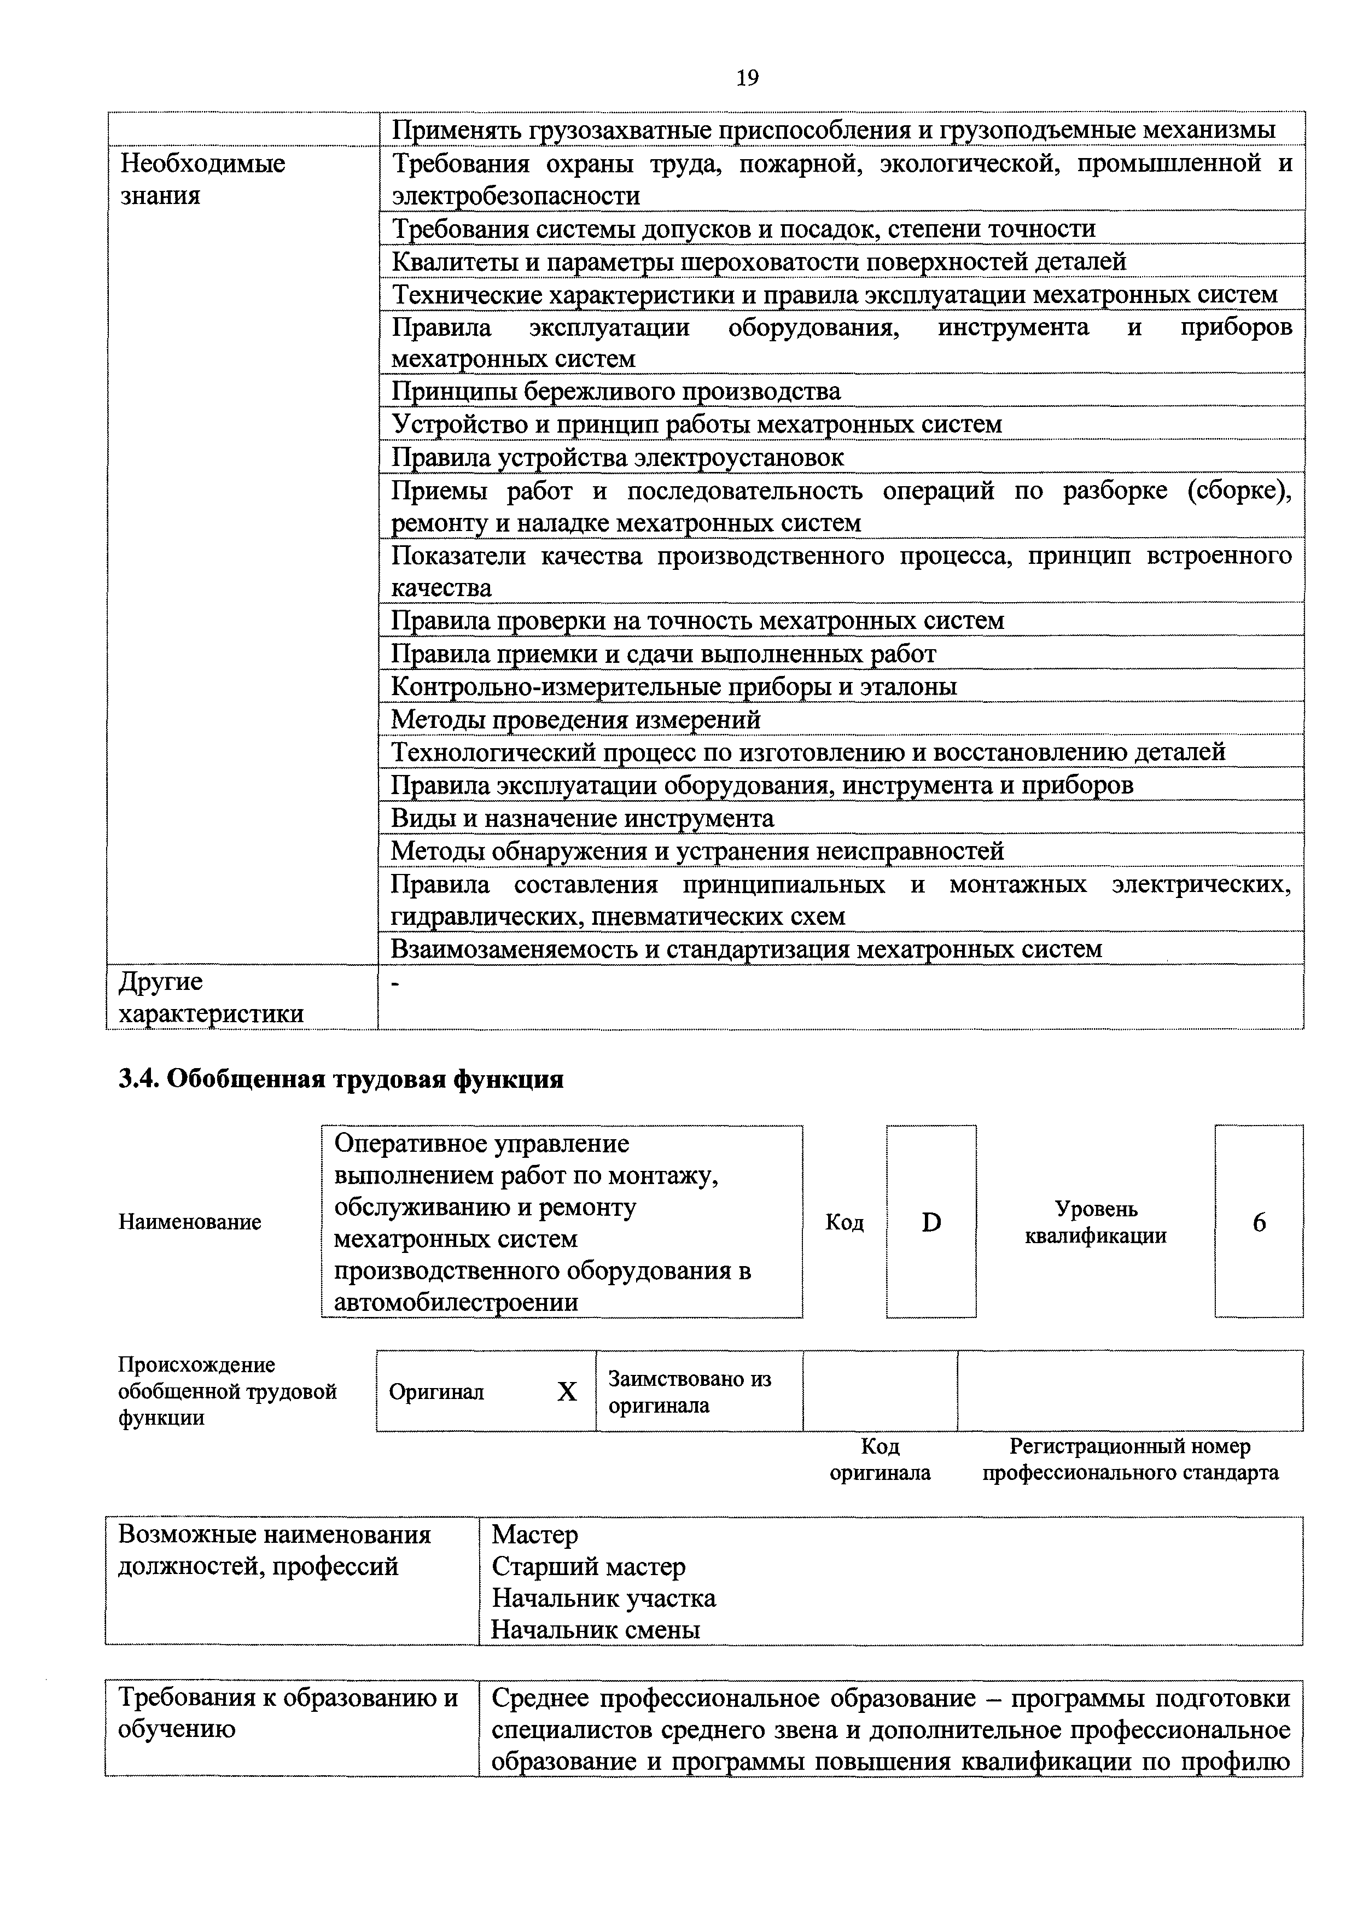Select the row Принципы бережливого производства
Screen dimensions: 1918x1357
(x=616, y=392)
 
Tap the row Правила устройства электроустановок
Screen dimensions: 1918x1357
(x=618, y=458)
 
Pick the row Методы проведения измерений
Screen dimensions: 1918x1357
(x=576, y=719)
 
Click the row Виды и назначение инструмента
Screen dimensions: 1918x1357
(x=583, y=818)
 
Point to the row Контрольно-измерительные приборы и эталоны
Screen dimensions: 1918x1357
(x=673, y=687)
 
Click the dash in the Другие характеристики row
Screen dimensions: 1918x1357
(x=396, y=984)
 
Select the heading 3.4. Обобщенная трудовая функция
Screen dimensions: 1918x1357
(x=341, y=1079)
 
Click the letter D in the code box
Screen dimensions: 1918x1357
(x=931, y=1223)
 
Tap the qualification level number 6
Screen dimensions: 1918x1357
(x=1259, y=1223)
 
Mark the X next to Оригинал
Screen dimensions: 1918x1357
(x=567, y=1392)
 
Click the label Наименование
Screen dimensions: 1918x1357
(x=190, y=1222)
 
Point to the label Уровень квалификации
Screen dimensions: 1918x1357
(x=1096, y=1222)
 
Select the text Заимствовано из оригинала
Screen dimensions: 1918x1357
(x=689, y=1392)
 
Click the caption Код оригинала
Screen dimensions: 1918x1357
(x=880, y=1459)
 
